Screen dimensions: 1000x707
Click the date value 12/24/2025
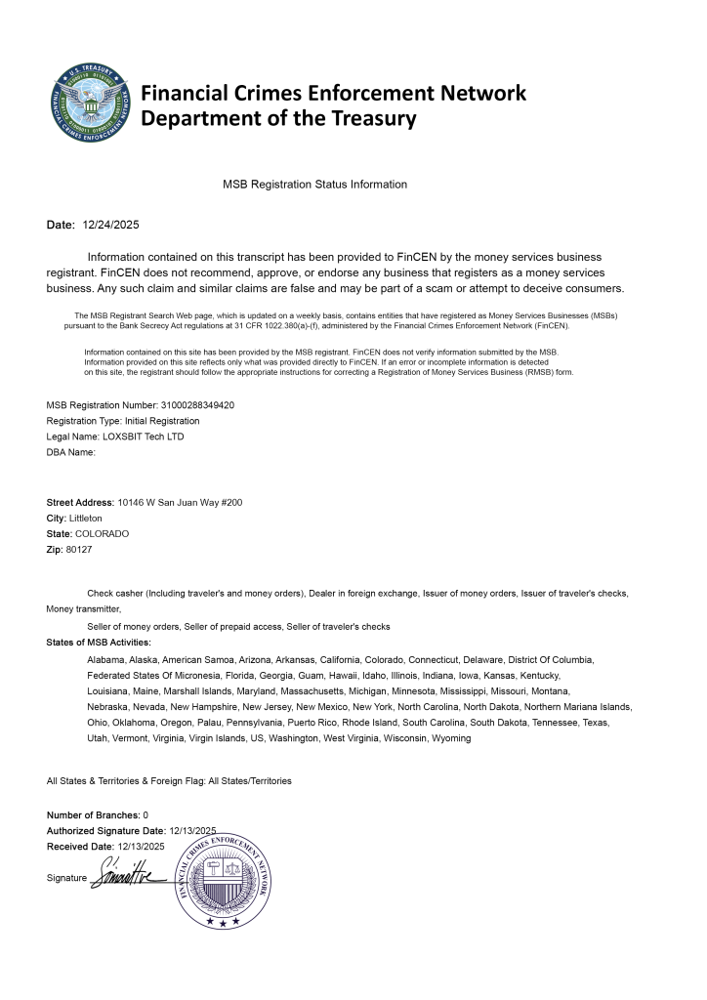pos(111,226)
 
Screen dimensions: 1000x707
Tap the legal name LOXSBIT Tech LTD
pos(144,437)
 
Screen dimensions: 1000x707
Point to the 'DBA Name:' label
pos(70,452)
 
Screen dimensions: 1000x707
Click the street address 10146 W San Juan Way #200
pos(180,502)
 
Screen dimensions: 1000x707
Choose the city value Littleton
pos(86,518)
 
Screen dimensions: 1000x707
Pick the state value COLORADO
pos(102,534)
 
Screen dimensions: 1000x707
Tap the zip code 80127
pos(79,550)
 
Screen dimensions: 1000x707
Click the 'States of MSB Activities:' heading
pos(99,643)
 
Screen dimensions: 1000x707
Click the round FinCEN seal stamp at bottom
pos(223,879)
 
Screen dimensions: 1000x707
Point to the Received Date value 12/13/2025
pos(141,846)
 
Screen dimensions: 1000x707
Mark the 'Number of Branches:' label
pos(93,814)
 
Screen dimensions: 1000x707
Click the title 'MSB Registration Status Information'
pos(314,184)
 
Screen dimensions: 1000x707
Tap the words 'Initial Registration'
pos(162,421)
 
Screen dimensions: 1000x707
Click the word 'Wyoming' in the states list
pos(452,738)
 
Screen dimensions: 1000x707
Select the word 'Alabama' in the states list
pos(105,660)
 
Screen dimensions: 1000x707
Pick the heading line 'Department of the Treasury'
pos(279,119)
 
